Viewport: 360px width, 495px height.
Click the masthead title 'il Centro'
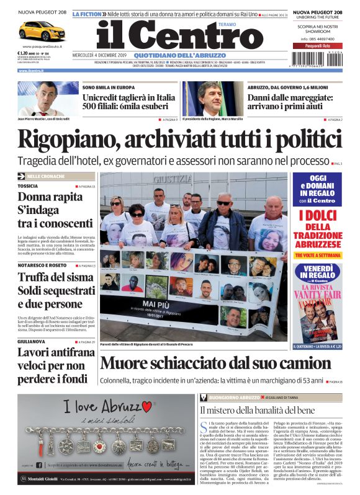[180, 35]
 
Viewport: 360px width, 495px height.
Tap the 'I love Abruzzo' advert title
[109, 408]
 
